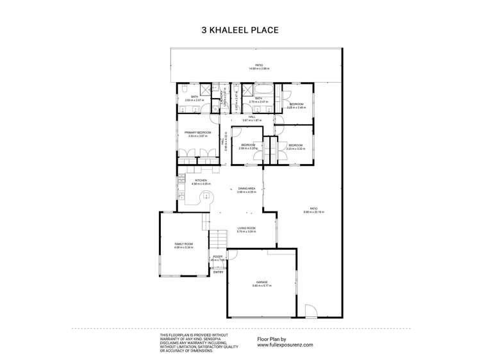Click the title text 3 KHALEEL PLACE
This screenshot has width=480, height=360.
pyautogui.click(x=240, y=29)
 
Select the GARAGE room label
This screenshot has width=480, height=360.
pyautogui.click(x=261, y=283)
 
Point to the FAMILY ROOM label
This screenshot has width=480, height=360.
pyautogui.click(x=184, y=245)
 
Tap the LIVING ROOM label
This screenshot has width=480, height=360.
pyautogui.click(x=247, y=229)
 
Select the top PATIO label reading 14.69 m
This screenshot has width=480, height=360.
pyautogui.click(x=260, y=66)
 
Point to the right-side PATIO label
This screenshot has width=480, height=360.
pyautogui.click(x=313, y=209)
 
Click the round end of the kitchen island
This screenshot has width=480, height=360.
pyautogui.click(x=206, y=196)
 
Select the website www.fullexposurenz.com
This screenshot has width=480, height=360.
pyautogui.click(x=285, y=345)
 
